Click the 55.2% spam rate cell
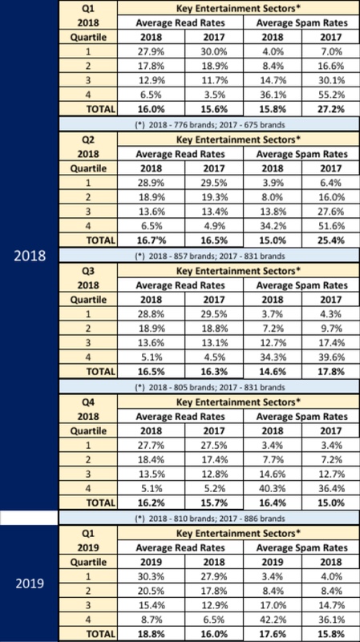pyautogui.click(x=330, y=95)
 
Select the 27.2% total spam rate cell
pyautogui.click(x=330, y=109)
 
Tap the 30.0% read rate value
pyautogui.click(x=214, y=51)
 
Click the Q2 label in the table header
pyautogui.click(x=88, y=139)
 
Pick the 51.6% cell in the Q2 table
pyautogui.click(x=330, y=226)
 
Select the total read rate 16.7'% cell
pyautogui.click(x=151, y=240)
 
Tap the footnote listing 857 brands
pyautogui.click(x=210, y=256)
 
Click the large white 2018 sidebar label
pyautogui.click(x=30, y=256)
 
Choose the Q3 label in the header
pyautogui.click(x=88, y=271)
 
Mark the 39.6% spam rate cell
pyautogui.click(x=330, y=357)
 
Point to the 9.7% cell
pyautogui.click(x=330, y=329)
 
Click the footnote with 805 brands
pyautogui.click(x=210, y=387)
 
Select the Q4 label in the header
pyautogui.click(x=88, y=402)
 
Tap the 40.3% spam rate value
pyautogui.click(x=273, y=489)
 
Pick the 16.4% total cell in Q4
pyautogui.click(x=273, y=503)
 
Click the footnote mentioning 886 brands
pyautogui.click(x=210, y=519)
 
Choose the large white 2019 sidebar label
pyautogui.click(x=30, y=583)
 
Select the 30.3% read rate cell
pyautogui.click(x=151, y=576)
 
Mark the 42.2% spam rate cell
pyautogui.click(x=273, y=620)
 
